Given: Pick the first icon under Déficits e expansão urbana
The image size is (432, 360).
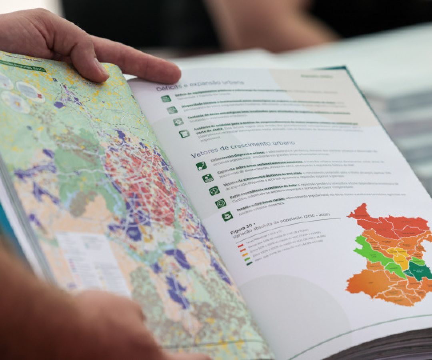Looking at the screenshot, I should tap(166, 98).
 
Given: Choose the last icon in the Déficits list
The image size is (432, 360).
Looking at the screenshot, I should tap(184, 134).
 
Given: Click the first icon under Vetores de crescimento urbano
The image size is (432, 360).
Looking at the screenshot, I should tap(202, 166).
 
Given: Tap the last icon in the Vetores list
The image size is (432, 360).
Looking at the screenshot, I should tap(227, 216).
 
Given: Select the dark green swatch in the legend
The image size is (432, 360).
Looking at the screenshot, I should tap(250, 263).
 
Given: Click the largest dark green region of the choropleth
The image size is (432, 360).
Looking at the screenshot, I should tap(419, 272).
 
